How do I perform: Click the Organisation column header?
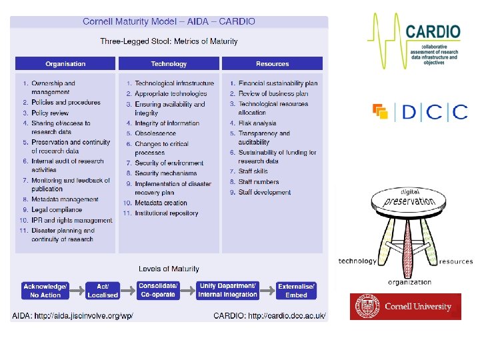coord(65,64)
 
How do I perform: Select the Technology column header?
coord(169,64)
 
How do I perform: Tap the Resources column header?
coord(272,64)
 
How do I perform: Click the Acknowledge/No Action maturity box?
coord(45,291)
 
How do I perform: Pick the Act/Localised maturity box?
coord(103,291)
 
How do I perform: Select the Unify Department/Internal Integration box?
coord(227,291)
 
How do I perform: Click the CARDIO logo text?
coord(433,31)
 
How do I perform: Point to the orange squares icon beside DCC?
coord(381,111)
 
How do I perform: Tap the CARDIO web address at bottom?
coord(269,315)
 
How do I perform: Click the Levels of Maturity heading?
coord(169,269)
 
